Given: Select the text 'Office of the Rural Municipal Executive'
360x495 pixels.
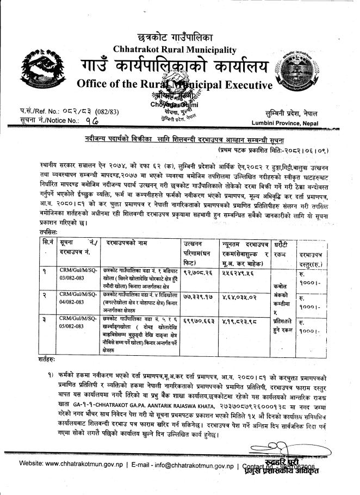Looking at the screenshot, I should coord(174,85).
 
